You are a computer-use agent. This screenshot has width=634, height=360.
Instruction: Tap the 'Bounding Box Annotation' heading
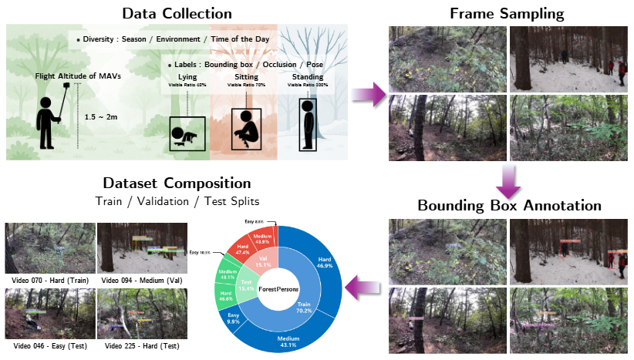[x=509, y=206]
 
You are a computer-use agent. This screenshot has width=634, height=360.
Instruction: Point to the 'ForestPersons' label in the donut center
[x=278, y=289]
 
